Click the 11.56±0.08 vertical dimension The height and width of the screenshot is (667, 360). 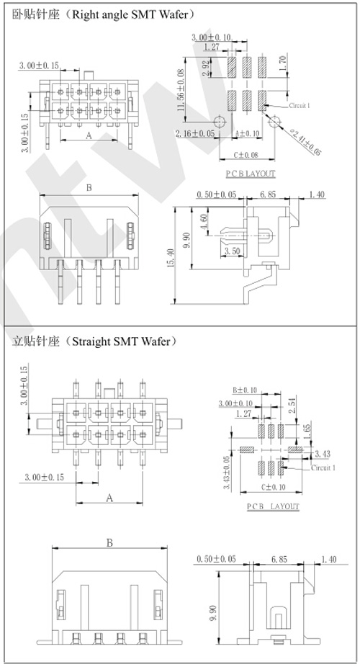(181, 90)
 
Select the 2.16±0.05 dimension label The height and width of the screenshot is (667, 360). (195, 133)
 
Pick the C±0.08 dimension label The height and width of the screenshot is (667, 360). (246, 155)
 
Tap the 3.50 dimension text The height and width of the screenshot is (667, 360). (233, 251)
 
